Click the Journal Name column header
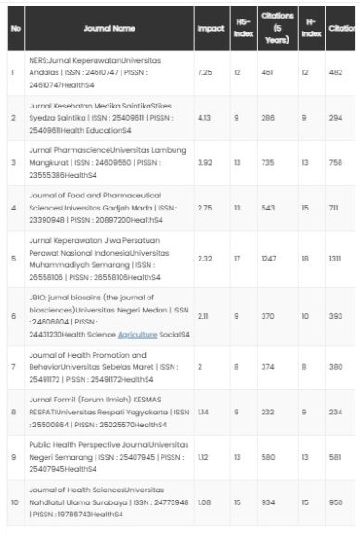click(x=103, y=29)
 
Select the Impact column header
click(x=210, y=29)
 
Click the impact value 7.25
click(x=205, y=71)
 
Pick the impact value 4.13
click(x=205, y=118)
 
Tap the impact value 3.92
click(x=205, y=161)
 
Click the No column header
click(x=15, y=29)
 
